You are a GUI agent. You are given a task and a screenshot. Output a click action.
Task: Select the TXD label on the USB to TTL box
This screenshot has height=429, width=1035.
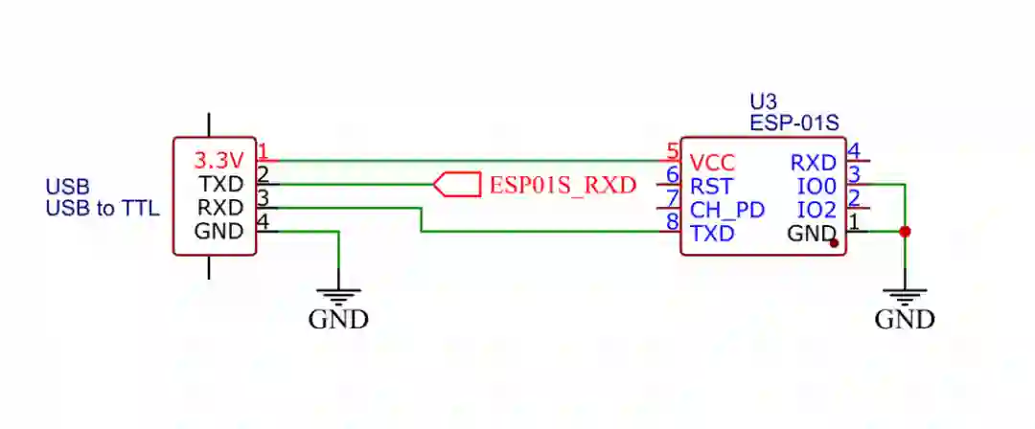[x=221, y=183]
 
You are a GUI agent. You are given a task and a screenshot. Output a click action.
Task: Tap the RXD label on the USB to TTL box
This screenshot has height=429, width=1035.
[x=221, y=207]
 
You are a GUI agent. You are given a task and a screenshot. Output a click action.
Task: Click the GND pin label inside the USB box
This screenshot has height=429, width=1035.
[x=220, y=231]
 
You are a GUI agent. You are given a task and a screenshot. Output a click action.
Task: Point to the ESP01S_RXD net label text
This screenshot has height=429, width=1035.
[x=563, y=185]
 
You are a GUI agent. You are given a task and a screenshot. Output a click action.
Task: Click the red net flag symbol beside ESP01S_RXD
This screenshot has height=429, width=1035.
[x=456, y=184]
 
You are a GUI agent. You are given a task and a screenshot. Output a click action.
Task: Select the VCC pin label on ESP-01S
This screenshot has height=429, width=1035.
[x=712, y=163]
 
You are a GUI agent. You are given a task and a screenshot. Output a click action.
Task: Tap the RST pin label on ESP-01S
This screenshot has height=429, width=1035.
[x=710, y=186]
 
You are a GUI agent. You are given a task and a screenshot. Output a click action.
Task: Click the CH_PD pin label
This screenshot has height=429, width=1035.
[x=726, y=210]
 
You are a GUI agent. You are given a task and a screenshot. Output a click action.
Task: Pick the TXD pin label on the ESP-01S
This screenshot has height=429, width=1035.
[x=712, y=233]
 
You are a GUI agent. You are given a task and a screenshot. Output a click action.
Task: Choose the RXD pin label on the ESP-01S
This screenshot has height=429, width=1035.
[x=814, y=163]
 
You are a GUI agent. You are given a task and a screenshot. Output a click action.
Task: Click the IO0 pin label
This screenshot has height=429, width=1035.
[x=816, y=186]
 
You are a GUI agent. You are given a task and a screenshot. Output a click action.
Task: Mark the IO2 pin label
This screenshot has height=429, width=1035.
[x=816, y=210]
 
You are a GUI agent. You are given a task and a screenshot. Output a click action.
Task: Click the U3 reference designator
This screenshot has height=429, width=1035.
[x=763, y=102]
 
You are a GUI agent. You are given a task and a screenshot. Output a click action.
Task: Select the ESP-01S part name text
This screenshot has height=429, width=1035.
[x=794, y=123]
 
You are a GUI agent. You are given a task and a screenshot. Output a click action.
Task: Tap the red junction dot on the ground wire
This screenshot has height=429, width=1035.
[x=905, y=231]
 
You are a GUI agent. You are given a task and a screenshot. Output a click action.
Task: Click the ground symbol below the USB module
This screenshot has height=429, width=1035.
[x=338, y=297]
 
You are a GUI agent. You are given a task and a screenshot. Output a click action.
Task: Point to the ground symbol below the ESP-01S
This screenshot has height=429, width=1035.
[x=905, y=297]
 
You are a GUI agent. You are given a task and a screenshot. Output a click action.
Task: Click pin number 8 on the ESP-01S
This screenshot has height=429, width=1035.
[x=673, y=223]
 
